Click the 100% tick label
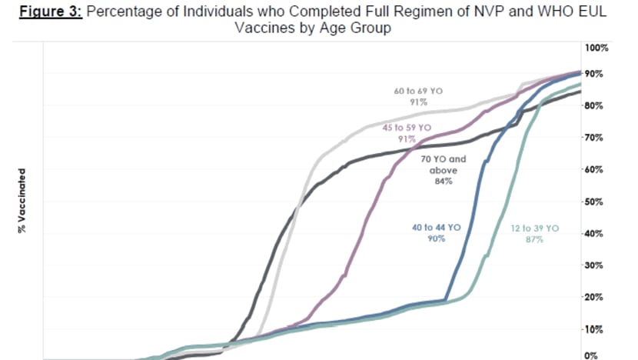596,48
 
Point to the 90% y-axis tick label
593,74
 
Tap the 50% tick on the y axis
593,202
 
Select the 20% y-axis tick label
593,297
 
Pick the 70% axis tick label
593,138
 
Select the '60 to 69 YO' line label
418,91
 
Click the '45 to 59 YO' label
407,128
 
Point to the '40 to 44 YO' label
437,228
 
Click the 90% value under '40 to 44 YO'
437,238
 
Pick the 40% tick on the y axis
593,234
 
